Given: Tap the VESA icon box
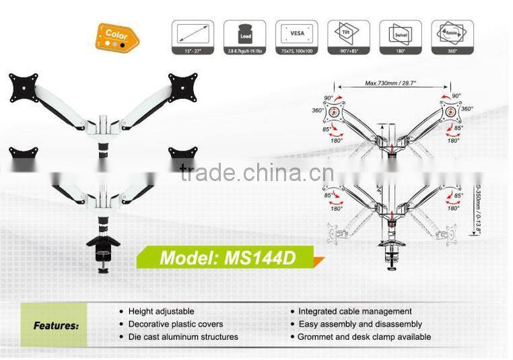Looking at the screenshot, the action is pyautogui.click(x=296, y=34).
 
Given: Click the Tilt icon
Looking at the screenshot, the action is pyautogui.click(x=348, y=34).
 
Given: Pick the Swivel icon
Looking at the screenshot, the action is pyautogui.click(x=400, y=34).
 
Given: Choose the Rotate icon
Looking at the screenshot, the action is pyautogui.click(x=452, y=34).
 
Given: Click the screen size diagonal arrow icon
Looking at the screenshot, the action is pyautogui.click(x=193, y=34).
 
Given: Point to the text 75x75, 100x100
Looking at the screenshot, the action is pyautogui.click(x=296, y=51).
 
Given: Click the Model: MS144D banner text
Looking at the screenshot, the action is pyautogui.click(x=227, y=258).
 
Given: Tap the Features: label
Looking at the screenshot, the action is pyautogui.click(x=56, y=326).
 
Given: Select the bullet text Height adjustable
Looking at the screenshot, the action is pyautogui.click(x=161, y=312).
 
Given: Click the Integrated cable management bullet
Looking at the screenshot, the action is pyautogui.click(x=355, y=312).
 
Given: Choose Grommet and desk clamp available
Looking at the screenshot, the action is pyautogui.click(x=364, y=336).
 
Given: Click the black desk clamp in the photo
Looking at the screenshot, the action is pyautogui.click(x=102, y=250).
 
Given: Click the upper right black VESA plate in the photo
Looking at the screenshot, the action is pyautogui.click(x=182, y=87).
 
